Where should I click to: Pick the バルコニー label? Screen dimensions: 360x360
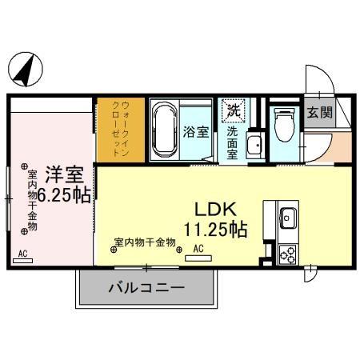point(146,288)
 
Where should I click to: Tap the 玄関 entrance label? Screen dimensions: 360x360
point(322,113)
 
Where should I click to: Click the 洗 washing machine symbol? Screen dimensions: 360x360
point(234,108)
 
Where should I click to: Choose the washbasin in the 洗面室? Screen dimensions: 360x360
point(256,145)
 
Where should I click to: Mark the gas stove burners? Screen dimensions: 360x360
point(288,254)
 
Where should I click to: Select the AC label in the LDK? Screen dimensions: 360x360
point(199,249)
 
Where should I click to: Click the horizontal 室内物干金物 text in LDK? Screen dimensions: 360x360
point(145,242)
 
